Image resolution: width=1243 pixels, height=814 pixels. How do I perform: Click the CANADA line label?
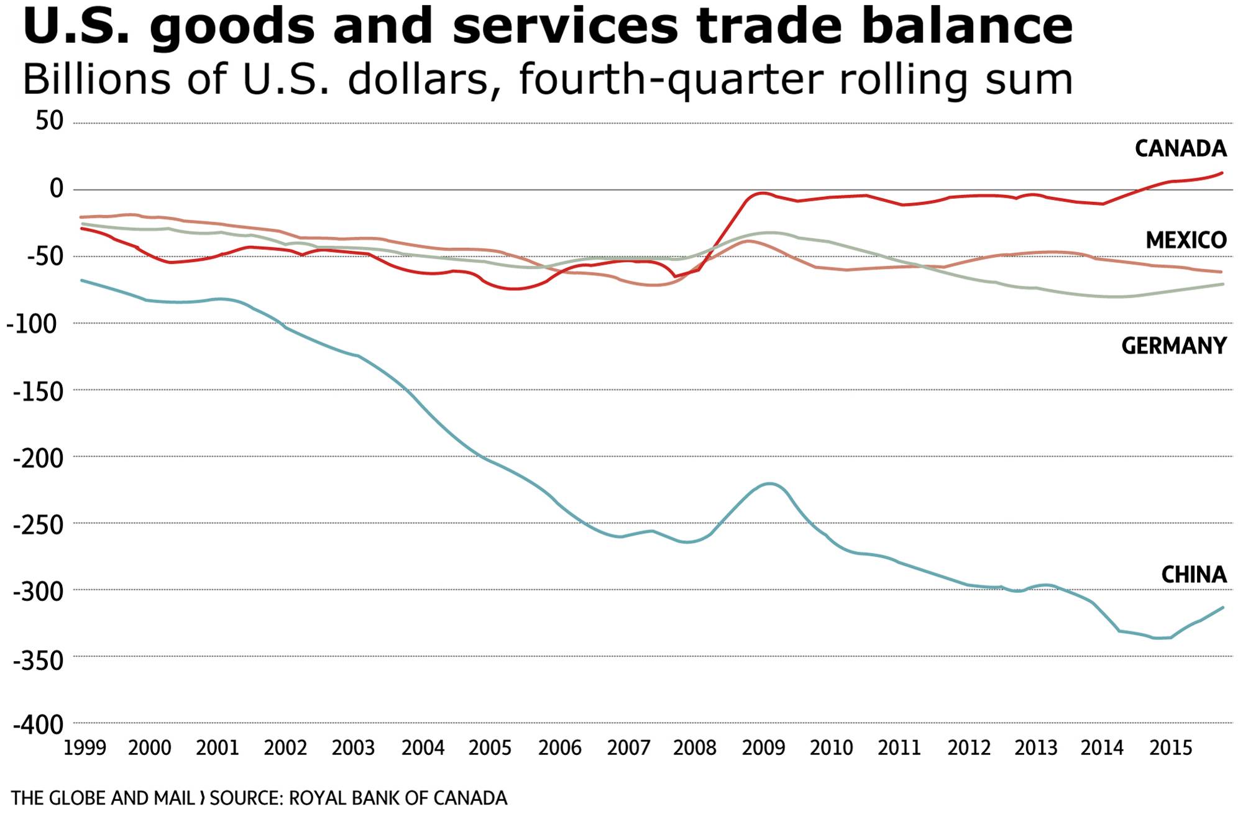[x=1180, y=149]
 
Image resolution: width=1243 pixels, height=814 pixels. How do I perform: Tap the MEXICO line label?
[x=1186, y=240]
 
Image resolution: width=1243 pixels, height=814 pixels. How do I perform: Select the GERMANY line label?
[x=1173, y=345]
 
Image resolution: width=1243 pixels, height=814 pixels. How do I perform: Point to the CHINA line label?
[x=1193, y=575]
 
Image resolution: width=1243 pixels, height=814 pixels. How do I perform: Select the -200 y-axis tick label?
[x=39, y=459]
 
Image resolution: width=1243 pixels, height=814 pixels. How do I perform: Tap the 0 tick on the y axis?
[x=57, y=188]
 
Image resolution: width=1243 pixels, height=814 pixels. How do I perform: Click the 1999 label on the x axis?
[x=85, y=748]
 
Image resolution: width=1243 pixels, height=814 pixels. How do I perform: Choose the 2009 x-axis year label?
[x=763, y=748]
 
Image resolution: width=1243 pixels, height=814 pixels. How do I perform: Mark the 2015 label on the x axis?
[x=1170, y=748]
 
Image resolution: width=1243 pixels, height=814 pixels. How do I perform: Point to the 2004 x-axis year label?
[x=423, y=748]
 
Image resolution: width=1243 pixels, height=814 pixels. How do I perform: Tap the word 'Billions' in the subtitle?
[x=96, y=80]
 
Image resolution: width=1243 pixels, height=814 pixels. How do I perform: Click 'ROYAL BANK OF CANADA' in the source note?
[x=398, y=798]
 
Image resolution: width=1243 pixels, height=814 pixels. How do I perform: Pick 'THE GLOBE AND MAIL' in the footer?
[x=103, y=798]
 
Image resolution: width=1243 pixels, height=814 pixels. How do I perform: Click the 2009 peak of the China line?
[x=769, y=483]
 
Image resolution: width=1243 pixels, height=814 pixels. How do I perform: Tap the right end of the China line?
[x=1222, y=608]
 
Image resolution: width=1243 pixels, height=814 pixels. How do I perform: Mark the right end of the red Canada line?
[x=1222, y=173]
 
